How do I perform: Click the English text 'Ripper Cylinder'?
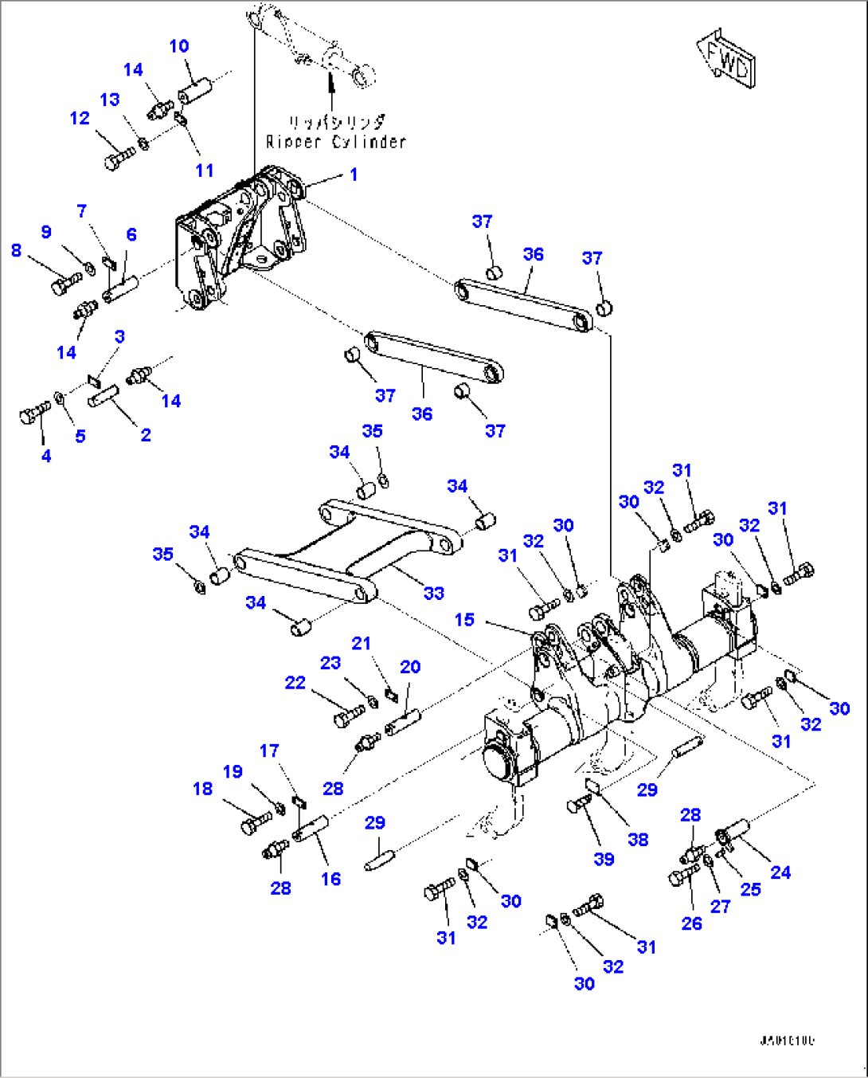pyautogui.click(x=335, y=142)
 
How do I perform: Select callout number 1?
pyautogui.click(x=354, y=174)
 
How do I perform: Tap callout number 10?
pyautogui.click(x=179, y=46)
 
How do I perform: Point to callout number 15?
pyautogui.click(x=464, y=620)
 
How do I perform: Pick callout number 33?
pyautogui.click(x=433, y=593)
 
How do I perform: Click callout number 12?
pyautogui.click(x=80, y=119)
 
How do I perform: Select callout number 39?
pyautogui.click(x=604, y=859)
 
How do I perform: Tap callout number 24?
pyautogui.click(x=780, y=872)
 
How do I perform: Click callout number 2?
pyautogui.click(x=146, y=435)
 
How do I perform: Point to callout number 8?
pyautogui.click(x=16, y=250)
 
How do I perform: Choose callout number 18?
pyautogui.click(x=203, y=789)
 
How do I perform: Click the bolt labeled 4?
pyautogui.click(x=33, y=413)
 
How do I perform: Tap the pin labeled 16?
pyautogui.click(x=311, y=829)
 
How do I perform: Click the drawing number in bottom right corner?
pyautogui.click(x=786, y=1041)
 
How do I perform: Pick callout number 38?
pyautogui.click(x=638, y=839)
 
